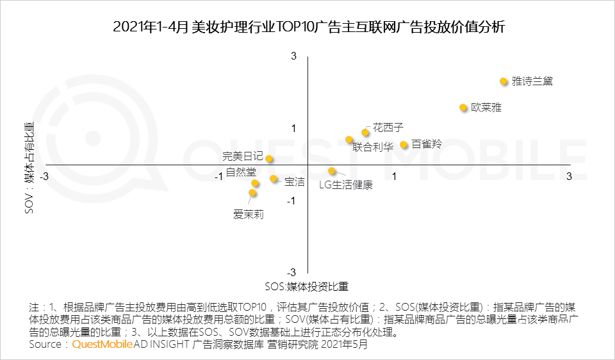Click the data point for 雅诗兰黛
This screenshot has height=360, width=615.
[504, 81]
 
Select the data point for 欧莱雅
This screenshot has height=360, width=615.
[463, 108]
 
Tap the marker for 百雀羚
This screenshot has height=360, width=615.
[404, 145]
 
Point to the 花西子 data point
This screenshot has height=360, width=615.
[365, 133]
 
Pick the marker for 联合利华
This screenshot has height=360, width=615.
[349, 140]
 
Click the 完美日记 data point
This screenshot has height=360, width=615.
[270, 159]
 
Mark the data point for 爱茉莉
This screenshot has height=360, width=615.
[252, 193]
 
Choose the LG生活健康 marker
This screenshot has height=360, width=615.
[332, 171]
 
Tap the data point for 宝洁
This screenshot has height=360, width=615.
[274, 179]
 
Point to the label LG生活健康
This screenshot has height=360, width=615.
[345, 185]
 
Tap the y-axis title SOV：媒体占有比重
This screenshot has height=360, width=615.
[29, 167]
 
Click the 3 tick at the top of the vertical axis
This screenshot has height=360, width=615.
[294, 56]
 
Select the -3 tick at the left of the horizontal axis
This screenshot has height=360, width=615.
[44, 176]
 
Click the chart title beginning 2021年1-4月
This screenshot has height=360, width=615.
[308, 28]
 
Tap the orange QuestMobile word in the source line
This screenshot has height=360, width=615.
[102, 345]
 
